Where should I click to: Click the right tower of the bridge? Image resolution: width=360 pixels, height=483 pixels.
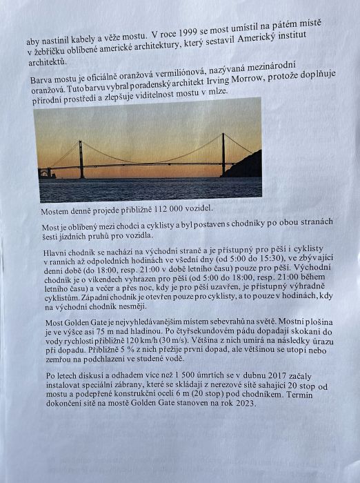coord(223,153)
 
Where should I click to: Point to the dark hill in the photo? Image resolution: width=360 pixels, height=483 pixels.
coord(245,166)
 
